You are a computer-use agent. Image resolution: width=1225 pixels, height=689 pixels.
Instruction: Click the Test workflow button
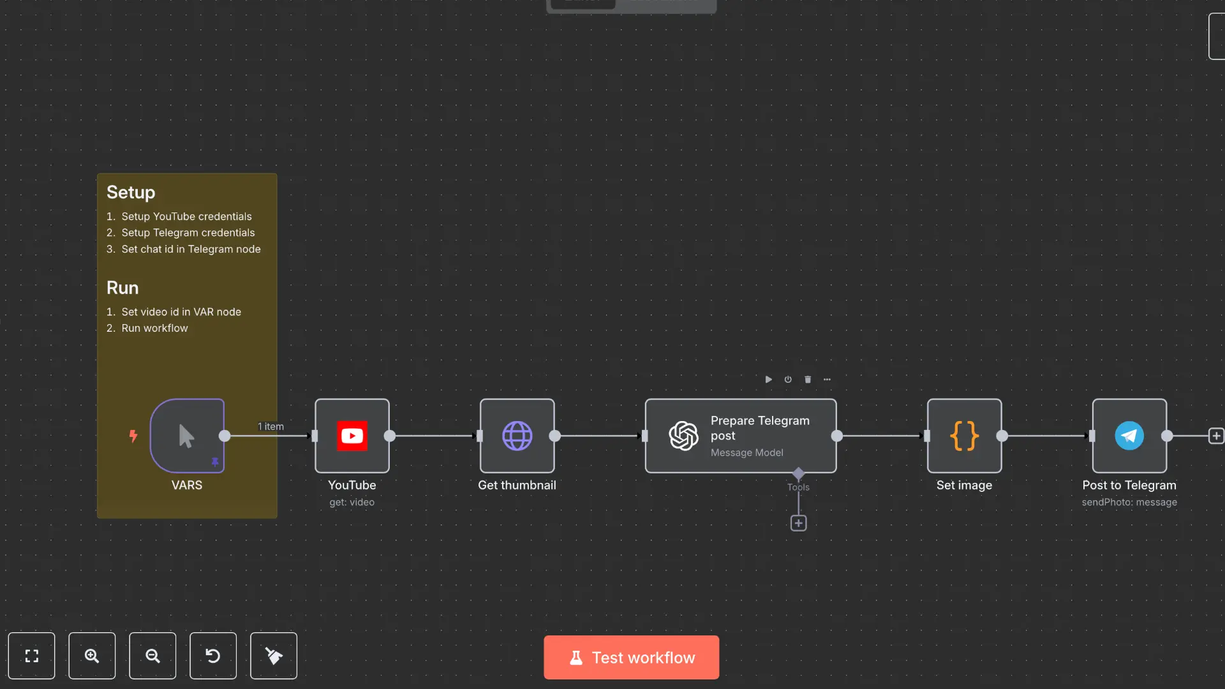[x=631, y=657]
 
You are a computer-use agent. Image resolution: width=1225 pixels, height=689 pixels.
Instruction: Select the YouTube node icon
[x=352, y=436]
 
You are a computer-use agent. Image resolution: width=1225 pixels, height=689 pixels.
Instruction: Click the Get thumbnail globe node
[x=517, y=436]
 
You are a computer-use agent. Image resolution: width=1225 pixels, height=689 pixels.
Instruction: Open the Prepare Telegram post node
[x=740, y=436]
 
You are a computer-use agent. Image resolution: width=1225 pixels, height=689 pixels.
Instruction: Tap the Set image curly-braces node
[x=964, y=436]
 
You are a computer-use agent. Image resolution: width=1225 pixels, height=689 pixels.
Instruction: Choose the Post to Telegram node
[x=1129, y=436]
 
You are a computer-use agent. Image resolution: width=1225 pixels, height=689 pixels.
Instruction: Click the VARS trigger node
[x=187, y=436]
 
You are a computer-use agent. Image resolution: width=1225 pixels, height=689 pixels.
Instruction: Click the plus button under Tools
[x=798, y=523]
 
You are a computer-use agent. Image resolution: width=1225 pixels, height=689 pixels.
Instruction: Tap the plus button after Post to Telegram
[x=1216, y=436]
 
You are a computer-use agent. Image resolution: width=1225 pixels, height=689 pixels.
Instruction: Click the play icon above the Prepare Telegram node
[x=768, y=380]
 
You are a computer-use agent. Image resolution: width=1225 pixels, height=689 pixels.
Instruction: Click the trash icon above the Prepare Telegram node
[x=808, y=380]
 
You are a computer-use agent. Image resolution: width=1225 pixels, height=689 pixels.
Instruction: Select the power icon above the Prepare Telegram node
[x=788, y=380]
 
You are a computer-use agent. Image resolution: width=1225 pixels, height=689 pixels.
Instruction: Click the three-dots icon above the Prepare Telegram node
[x=827, y=380]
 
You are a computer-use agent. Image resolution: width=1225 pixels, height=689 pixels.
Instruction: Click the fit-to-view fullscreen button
[x=31, y=656]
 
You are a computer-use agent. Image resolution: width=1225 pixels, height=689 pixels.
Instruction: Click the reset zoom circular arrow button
[x=213, y=656]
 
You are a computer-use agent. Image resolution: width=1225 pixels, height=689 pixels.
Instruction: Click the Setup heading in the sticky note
[x=131, y=192]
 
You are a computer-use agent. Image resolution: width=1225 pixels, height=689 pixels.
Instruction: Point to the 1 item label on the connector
[x=271, y=426]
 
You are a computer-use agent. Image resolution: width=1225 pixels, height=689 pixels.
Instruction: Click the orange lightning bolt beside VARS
[x=133, y=436]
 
